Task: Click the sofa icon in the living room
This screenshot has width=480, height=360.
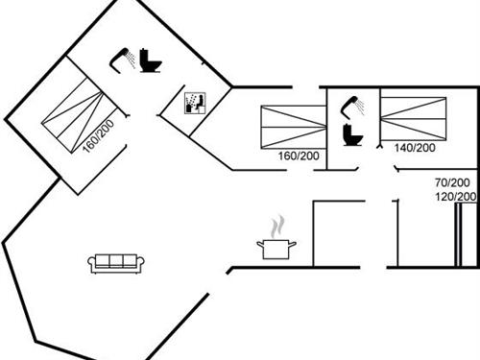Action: pos(116,262)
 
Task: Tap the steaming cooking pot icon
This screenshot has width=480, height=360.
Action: pos(276,246)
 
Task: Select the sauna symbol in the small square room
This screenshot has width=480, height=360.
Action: pos(195,103)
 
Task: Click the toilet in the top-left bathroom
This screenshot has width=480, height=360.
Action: pos(151,61)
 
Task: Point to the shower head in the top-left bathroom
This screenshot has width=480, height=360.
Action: pos(122,57)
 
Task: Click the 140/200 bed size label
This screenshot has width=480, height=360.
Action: pos(415,148)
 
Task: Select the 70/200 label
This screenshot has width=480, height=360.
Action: pos(452,182)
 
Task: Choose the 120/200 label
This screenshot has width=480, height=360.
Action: pos(455,197)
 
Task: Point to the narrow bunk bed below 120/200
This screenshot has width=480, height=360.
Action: pos(468,235)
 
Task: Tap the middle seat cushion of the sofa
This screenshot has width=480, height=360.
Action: pos(116,261)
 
